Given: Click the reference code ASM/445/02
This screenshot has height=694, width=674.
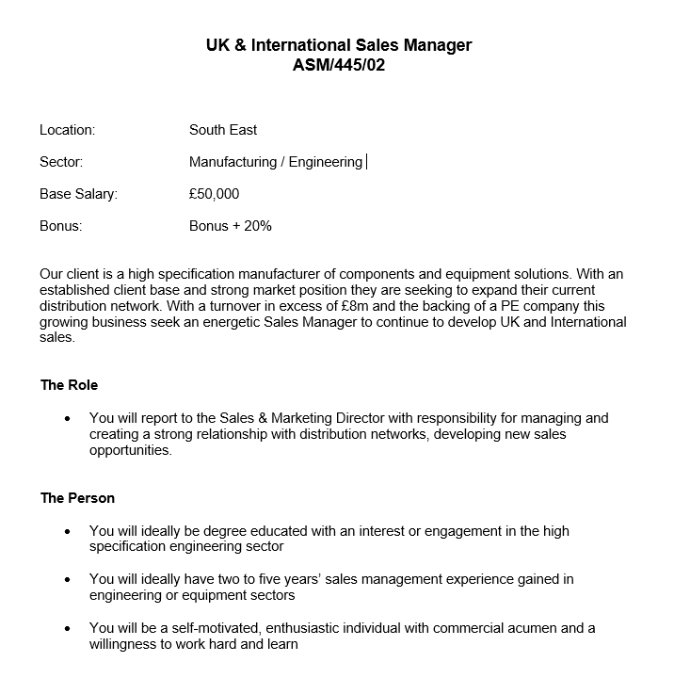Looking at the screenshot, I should [x=339, y=65].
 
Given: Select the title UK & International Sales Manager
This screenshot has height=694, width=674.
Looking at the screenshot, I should [x=339, y=45].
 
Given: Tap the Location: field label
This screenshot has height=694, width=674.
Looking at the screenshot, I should [x=68, y=130].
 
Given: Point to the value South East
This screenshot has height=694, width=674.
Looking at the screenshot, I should [x=223, y=130].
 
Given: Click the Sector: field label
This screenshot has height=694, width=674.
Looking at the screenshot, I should [x=61, y=162].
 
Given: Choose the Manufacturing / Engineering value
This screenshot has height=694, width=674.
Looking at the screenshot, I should [x=275, y=162].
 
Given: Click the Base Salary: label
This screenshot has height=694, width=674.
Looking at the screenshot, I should [x=78, y=194].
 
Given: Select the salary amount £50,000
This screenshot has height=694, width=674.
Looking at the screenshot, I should [x=215, y=194].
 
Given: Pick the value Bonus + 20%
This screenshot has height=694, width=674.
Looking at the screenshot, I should [x=231, y=226].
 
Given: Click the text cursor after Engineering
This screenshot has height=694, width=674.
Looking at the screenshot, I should [x=366, y=162].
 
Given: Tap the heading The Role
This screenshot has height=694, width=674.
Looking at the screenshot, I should [x=69, y=385].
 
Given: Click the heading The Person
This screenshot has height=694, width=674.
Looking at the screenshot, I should [x=77, y=497].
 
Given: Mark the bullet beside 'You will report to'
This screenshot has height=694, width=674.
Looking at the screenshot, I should [x=67, y=418].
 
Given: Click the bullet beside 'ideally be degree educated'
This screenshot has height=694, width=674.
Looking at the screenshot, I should [x=67, y=531].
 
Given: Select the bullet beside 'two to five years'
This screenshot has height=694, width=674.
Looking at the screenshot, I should [x=67, y=579].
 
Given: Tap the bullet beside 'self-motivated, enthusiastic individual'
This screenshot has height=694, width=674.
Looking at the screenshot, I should [x=67, y=628].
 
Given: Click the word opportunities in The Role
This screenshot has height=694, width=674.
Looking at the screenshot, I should [x=131, y=450].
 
